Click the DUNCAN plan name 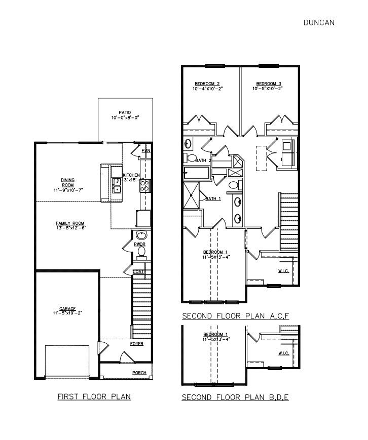coord(319,22)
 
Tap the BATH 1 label coord(213,199)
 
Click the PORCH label coord(139,373)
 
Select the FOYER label coord(137,344)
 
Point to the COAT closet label coord(139,272)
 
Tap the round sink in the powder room coord(141,235)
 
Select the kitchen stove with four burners coord(144,185)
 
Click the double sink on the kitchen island coord(116,185)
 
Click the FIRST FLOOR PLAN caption coord(94,396)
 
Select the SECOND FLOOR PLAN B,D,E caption coord(235,398)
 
